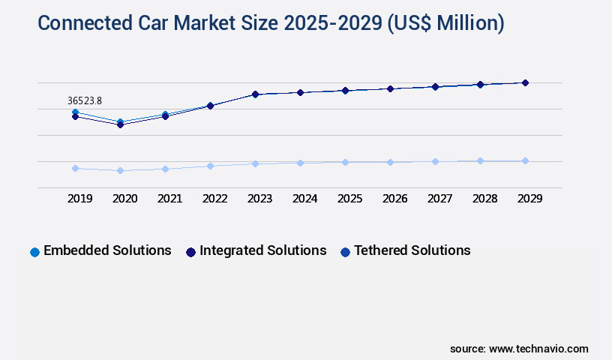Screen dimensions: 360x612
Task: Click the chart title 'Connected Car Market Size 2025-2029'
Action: click(x=271, y=23)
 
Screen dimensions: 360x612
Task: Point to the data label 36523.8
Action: click(x=85, y=100)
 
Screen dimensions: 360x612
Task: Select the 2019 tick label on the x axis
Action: click(x=80, y=199)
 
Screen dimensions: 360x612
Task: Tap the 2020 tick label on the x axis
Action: click(x=125, y=199)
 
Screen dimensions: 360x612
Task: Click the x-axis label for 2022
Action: click(x=215, y=199)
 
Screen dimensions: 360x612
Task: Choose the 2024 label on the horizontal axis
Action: click(x=305, y=199)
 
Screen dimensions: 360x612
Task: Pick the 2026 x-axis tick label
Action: click(x=395, y=199)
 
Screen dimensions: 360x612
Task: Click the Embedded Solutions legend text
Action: click(x=107, y=250)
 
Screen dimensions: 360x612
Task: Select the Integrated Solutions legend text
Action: click(x=262, y=250)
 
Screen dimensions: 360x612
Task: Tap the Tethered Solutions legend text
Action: click(x=412, y=250)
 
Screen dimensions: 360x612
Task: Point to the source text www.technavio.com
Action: click(x=519, y=349)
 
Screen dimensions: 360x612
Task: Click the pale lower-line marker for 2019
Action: click(x=75, y=168)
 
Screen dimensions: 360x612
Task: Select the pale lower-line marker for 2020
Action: click(x=120, y=171)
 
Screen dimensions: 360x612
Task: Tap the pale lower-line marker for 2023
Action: click(x=255, y=163)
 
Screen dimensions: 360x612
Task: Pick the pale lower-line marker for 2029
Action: click(x=525, y=160)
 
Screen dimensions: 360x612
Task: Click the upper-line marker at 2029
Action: click(x=525, y=82)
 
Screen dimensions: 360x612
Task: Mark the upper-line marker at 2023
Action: click(x=255, y=94)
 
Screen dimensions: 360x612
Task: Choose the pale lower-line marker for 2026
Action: click(x=390, y=162)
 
